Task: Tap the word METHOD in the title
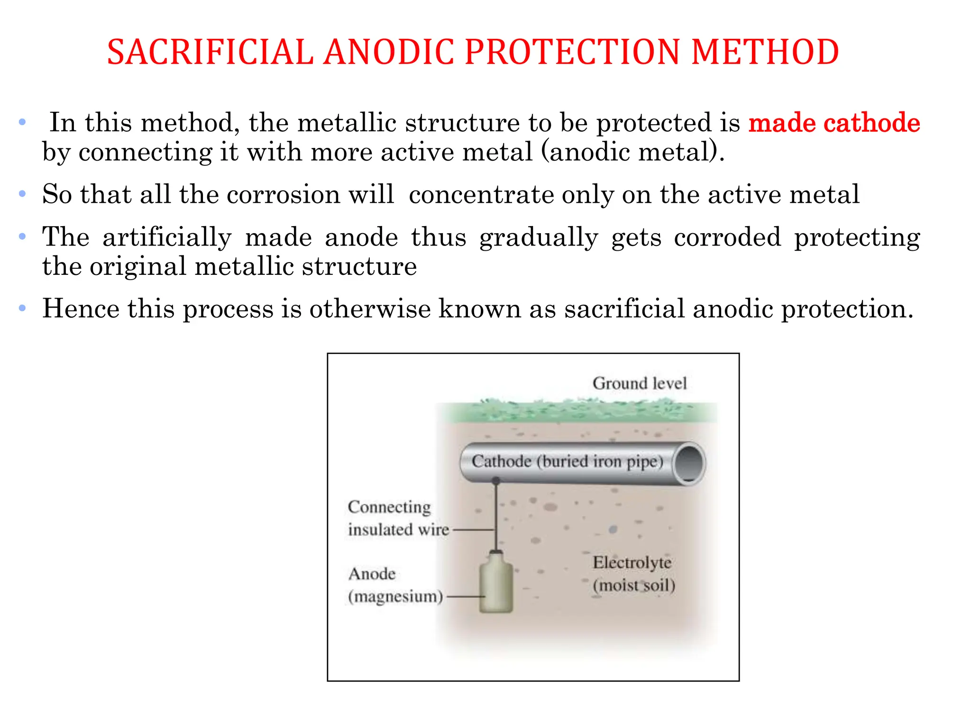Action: tap(765, 52)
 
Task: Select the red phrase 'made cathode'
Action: tap(834, 123)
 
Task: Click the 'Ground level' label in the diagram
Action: tap(639, 383)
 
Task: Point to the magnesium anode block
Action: tap(496, 585)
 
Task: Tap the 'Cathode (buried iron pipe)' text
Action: tap(567, 461)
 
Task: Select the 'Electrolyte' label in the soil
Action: tap(632, 563)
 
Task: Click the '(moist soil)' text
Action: tap(633, 585)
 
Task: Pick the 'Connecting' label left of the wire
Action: tap(389, 507)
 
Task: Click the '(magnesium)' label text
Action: tap(395, 596)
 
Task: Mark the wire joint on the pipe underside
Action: tap(496, 481)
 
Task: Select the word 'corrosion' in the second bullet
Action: tap(283, 194)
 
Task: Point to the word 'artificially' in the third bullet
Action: tap(167, 237)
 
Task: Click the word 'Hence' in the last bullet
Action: tap(81, 309)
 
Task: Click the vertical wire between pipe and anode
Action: tap(496, 517)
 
